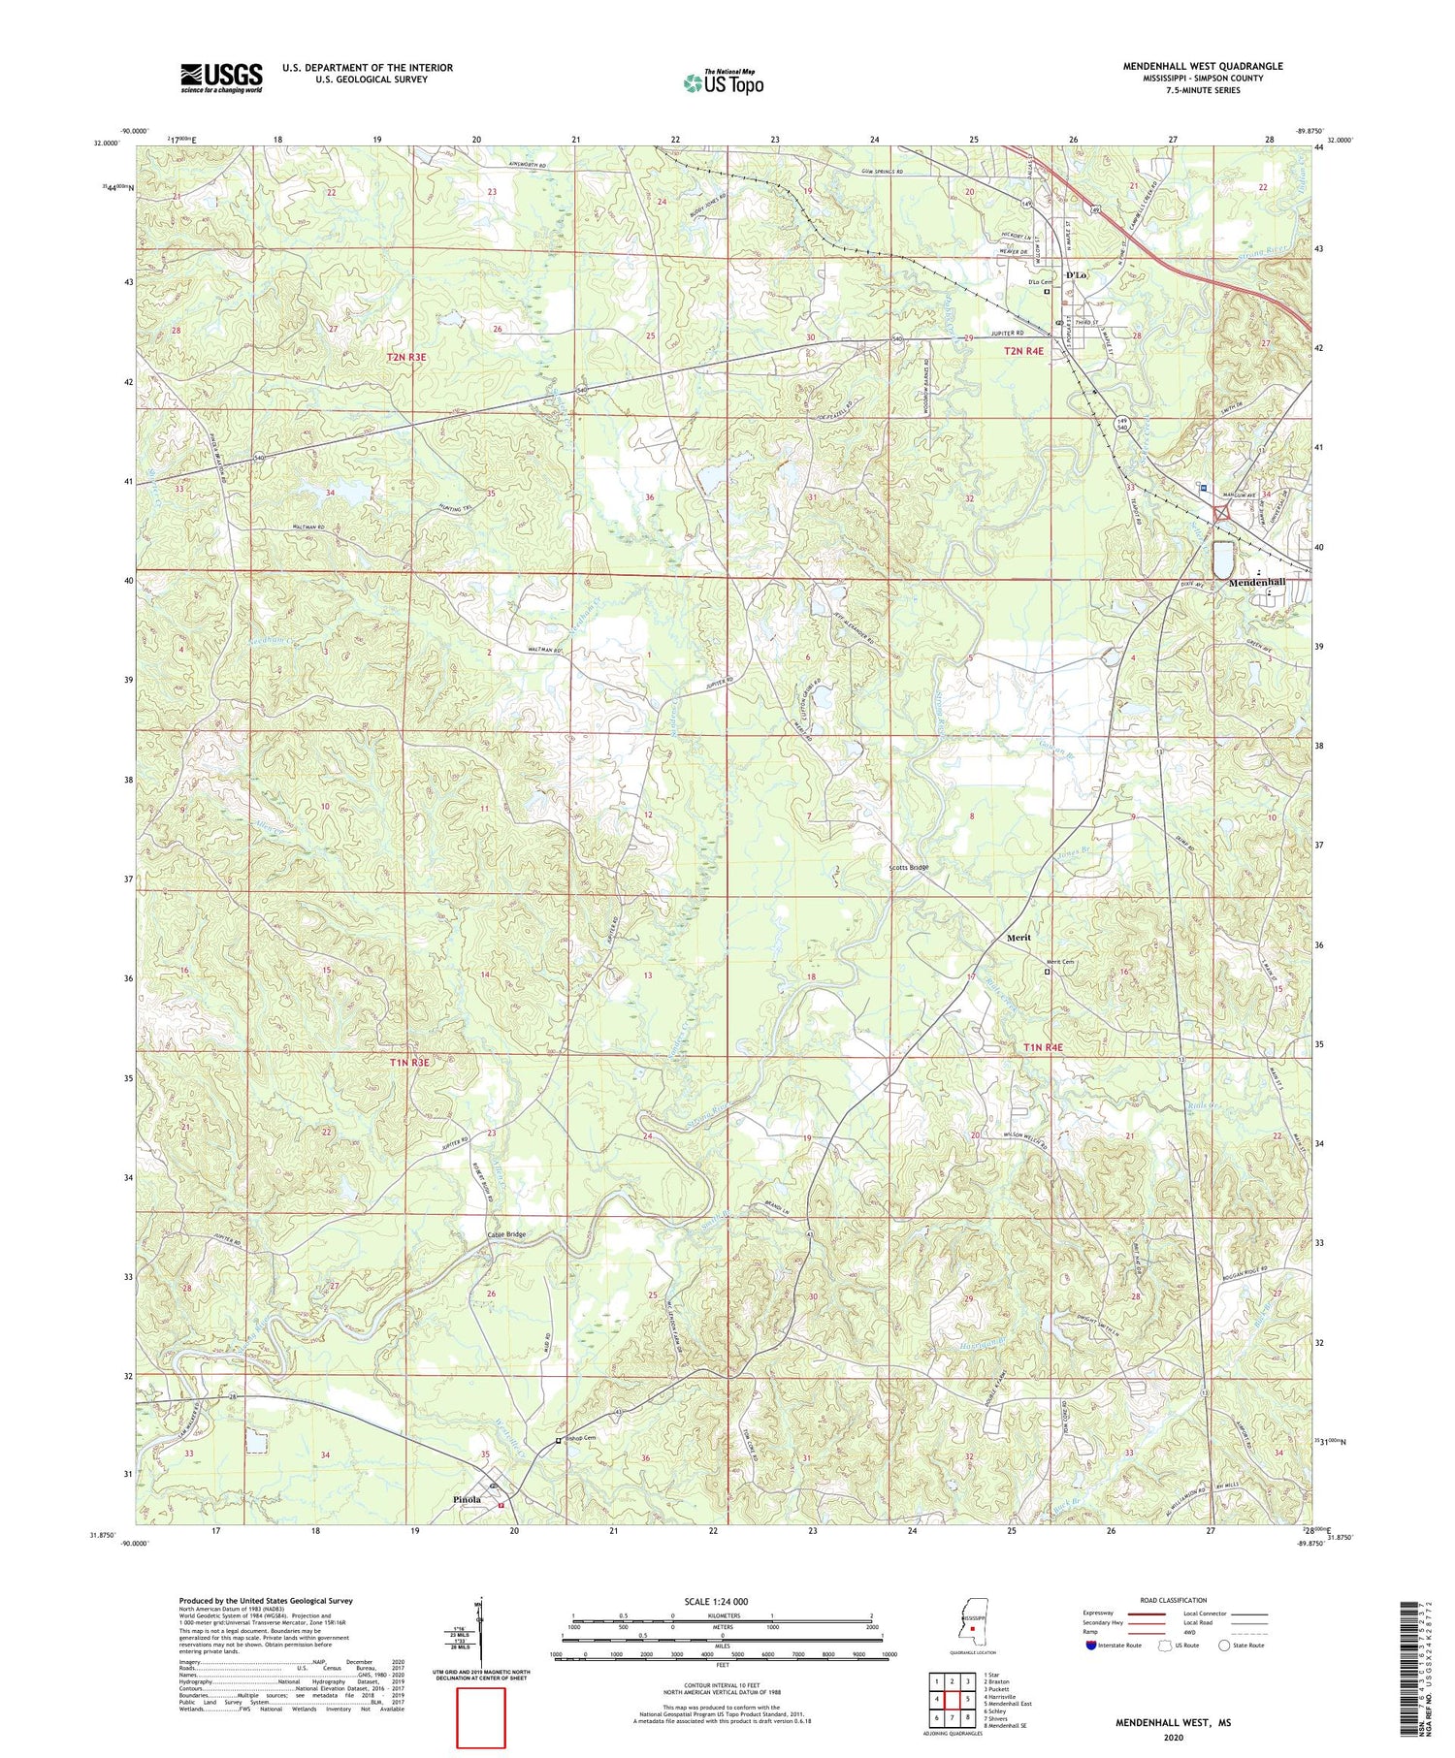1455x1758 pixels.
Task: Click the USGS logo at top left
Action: (x=221, y=78)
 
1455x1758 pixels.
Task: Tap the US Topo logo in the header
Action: (x=723, y=83)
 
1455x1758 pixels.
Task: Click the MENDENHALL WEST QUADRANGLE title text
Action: (x=1202, y=66)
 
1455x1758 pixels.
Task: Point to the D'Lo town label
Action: (x=1075, y=275)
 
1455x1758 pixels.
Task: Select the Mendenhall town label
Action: (x=1257, y=583)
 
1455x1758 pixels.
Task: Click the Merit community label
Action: (x=1018, y=938)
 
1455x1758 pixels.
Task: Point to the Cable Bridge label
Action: (x=506, y=1234)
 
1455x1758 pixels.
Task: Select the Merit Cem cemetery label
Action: (x=1061, y=962)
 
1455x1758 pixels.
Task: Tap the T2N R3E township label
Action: (x=406, y=358)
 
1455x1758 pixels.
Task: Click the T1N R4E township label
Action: (x=1044, y=1047)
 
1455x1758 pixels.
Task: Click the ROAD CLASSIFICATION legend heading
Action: (x=1174, y=1600)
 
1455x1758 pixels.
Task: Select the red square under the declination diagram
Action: (x=481, y=1717)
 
